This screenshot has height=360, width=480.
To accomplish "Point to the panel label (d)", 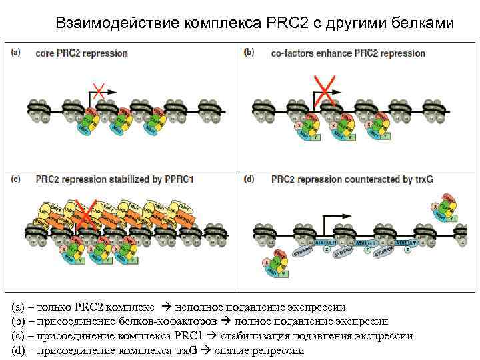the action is [249, 179].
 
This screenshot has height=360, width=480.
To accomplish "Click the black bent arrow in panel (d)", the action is [335, 221].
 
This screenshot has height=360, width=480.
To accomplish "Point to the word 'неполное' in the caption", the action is [197, 308].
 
